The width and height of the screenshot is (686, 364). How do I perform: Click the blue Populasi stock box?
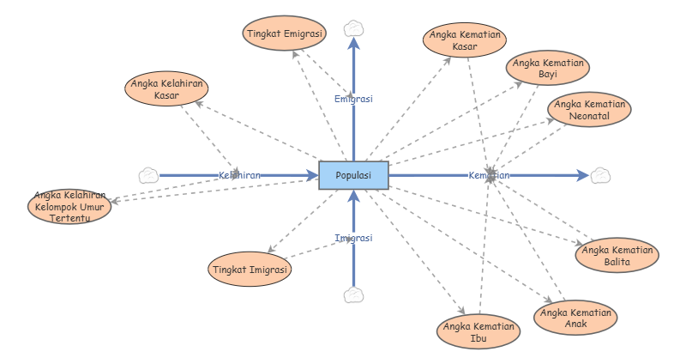(353, 175)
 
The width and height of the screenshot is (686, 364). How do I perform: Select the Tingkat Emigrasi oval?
(284, 33)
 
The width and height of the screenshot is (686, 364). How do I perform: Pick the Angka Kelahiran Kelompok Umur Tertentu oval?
(69, 206)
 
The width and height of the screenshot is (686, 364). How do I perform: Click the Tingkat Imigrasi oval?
(250, 270)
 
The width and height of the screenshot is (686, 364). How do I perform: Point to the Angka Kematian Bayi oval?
(549, 69)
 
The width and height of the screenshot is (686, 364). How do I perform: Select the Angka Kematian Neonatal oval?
(590, 110)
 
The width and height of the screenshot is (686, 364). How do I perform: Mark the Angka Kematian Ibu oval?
(478, 332)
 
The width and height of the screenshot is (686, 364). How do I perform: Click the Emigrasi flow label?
(353, 99)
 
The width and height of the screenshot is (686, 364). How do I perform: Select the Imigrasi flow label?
(353, 238)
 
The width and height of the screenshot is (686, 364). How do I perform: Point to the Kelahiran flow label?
(239, 175)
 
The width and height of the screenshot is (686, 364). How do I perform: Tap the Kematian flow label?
(489, 175)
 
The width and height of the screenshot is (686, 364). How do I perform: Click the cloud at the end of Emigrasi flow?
(353, 28)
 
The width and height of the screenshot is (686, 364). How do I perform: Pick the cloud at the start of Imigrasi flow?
(353, 295)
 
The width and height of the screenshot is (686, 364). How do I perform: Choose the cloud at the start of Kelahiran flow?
(148, 175)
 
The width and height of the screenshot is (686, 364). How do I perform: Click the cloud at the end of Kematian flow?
(600, 175)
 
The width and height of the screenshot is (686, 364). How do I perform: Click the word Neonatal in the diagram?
(590, 116)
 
